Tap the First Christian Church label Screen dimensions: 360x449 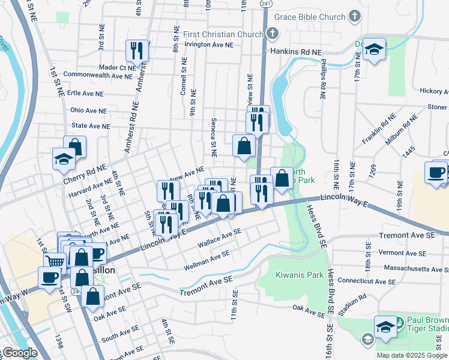(223, 34)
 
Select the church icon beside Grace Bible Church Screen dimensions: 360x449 (355, 16)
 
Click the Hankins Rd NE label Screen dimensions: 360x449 (296, 52)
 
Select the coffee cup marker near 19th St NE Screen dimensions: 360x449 (436, 172)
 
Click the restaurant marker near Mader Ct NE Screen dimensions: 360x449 (137, 50)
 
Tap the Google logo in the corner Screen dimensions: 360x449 (19, 353)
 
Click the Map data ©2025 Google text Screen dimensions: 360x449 (412, 355)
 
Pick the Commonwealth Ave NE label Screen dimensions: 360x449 (97, 76)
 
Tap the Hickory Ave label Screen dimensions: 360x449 (434, 91)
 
